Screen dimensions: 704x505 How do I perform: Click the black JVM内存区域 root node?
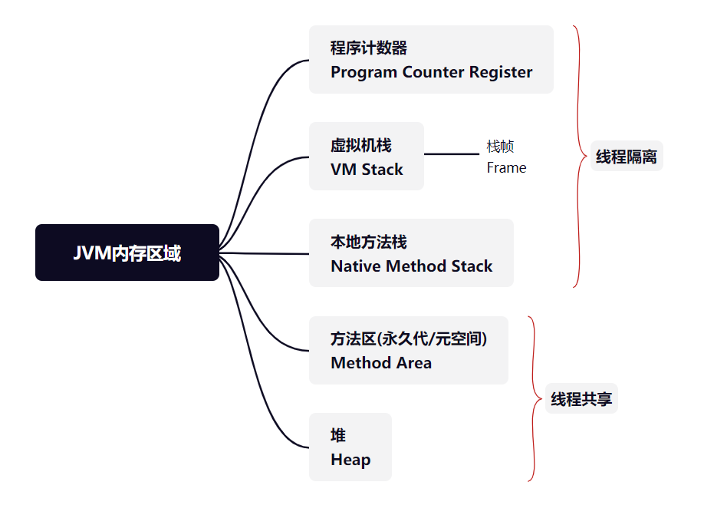(x=127, y=252)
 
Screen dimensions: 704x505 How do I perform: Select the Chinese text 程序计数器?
(x=369, y=48)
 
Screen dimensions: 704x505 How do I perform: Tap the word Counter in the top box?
(x=433, y=72)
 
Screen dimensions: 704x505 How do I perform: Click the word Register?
(x=501, y=73)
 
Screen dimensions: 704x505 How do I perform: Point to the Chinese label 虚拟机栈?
(x=361, y=145)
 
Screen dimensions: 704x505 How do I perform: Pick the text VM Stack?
(x=367, y=170)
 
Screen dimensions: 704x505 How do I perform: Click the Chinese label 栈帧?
(x=500, y=146)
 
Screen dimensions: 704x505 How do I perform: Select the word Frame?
(x=506, y=167)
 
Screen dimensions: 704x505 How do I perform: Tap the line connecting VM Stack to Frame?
(x=452, y=154)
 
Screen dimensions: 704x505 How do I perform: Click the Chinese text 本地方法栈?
(x=369, y=243)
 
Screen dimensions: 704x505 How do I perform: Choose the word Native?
(x=356, y=266)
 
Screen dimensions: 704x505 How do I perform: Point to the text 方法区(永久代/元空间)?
(x=409, y=338)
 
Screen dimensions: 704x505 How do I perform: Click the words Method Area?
(x=381, y=362)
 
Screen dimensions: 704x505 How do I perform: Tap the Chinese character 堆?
(x=338, y=435)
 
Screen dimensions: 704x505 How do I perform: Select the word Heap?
(x=350, y=460)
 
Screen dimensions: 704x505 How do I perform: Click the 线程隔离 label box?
(x=627, y=156)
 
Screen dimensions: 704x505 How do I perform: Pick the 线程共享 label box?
(x=581, y=398)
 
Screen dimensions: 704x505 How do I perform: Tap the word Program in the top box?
(x=364, y=73)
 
